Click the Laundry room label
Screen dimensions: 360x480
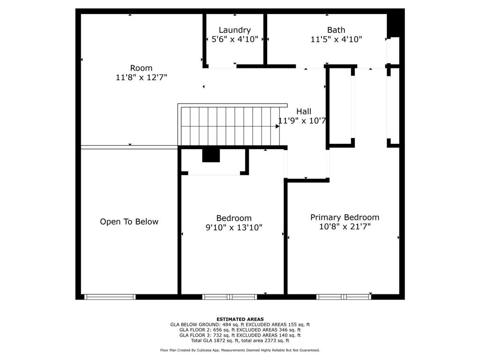[234, 30]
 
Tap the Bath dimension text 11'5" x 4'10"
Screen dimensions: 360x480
[336, 40]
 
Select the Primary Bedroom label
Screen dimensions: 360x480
[345, 217]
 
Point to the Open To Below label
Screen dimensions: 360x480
[129, 222]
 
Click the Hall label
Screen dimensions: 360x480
[304, 112]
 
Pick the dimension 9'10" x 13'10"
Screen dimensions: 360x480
[234, 228]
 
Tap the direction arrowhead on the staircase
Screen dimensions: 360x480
[277, 126]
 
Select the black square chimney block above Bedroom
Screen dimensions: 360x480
[211, 155]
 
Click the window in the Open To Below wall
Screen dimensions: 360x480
[110, 297]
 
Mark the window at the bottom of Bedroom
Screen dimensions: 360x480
[230, 297]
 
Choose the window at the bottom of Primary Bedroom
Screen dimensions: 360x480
[344, 297]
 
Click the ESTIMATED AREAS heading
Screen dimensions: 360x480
[240, 319]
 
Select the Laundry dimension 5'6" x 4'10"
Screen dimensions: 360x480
[234, 40]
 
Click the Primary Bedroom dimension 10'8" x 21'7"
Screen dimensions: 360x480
[345, 227]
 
